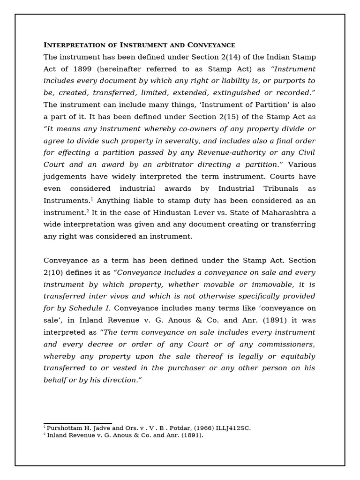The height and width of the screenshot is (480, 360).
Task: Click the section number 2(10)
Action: point(55,272)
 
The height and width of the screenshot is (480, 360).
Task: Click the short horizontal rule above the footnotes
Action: point(78,423)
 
